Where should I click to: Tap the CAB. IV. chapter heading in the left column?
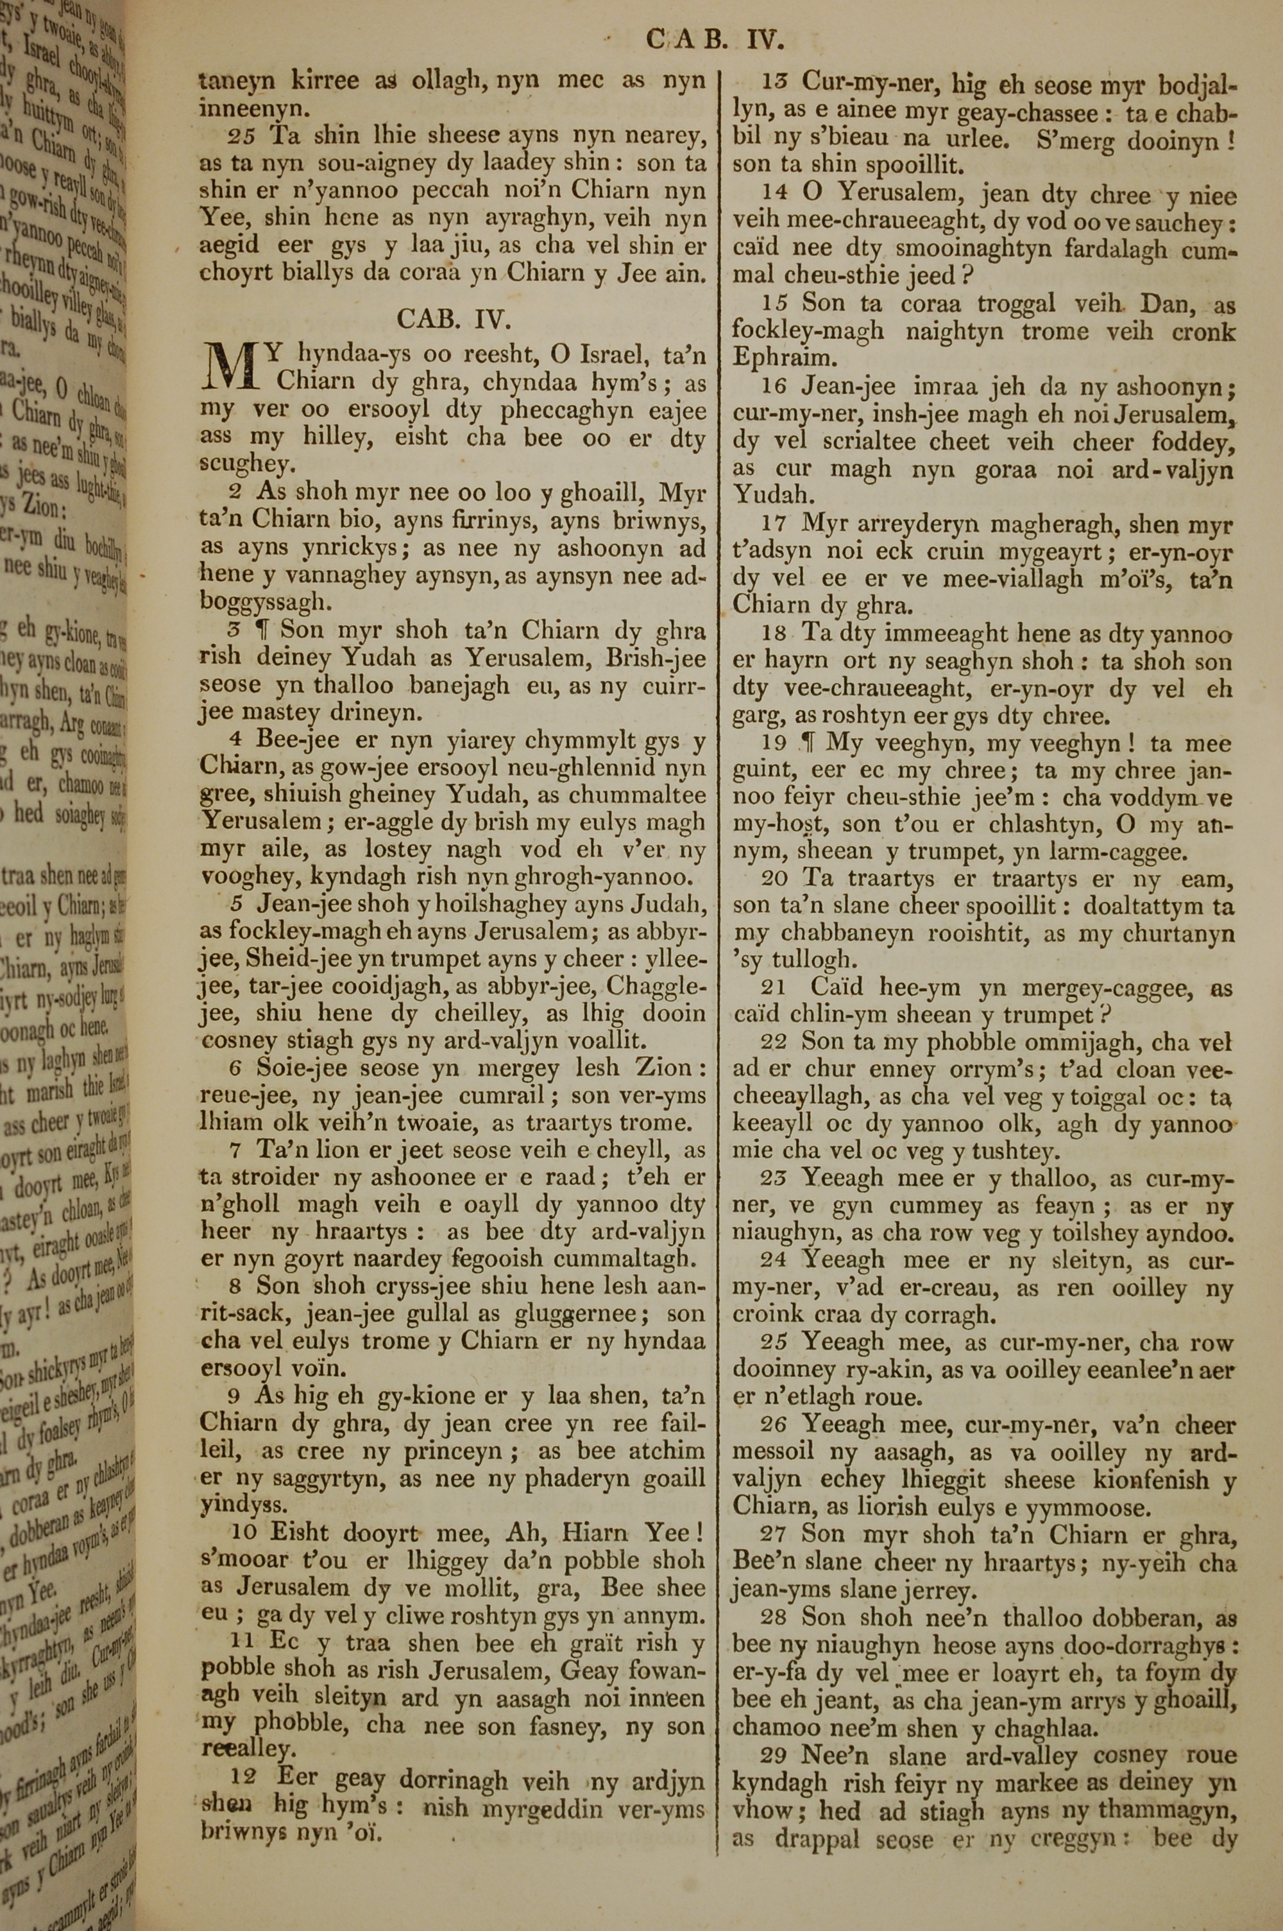[454, 318]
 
